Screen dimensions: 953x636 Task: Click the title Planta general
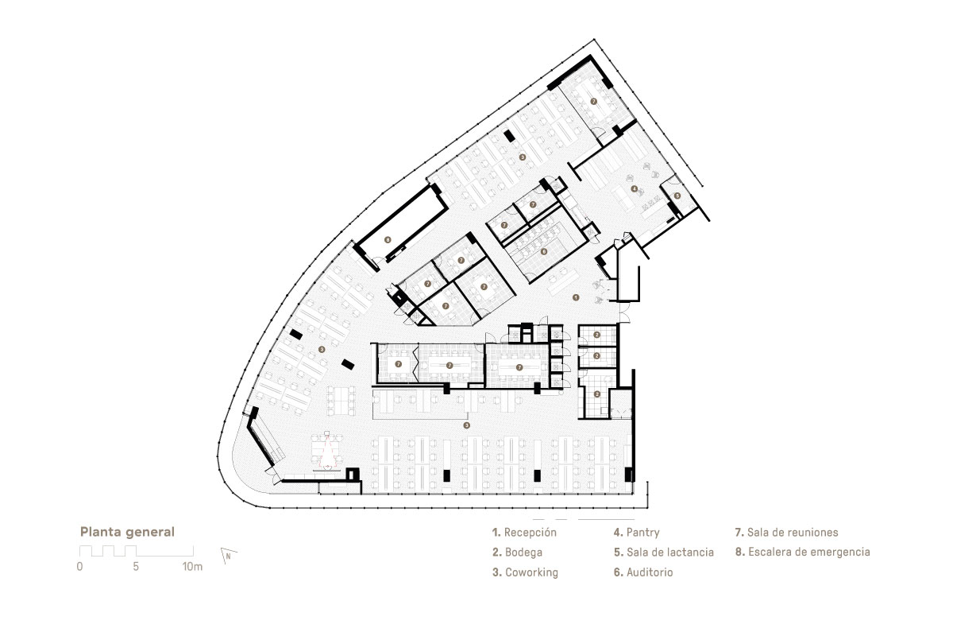(127, 532)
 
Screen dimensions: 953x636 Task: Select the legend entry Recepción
(524, 533)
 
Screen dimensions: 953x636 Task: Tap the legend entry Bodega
(517, 552)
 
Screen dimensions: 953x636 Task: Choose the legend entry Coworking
(525, 572)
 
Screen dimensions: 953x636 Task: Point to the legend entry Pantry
(636, 533)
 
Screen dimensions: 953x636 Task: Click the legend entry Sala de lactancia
(664, 552)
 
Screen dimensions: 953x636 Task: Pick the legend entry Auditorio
(643, 572)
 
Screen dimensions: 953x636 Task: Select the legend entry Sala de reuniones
(787, 532)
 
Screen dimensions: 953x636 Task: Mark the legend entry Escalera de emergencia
(802, 552)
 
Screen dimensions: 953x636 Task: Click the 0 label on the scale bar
(79, 567)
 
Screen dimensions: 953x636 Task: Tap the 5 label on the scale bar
(136, 567)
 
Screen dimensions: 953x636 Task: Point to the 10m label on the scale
(192, 567)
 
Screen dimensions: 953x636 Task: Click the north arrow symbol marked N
(229, 556)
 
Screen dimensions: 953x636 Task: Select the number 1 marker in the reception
(576, 298)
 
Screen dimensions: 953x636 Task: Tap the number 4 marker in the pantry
(634, 188)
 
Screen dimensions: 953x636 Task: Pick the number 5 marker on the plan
(677, 196)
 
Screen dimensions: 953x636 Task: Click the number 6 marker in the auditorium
(543, 252)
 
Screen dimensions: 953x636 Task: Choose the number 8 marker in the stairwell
(388, 240)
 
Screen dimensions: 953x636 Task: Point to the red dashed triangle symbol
(327, 451)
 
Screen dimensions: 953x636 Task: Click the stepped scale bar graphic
(136, 551)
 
